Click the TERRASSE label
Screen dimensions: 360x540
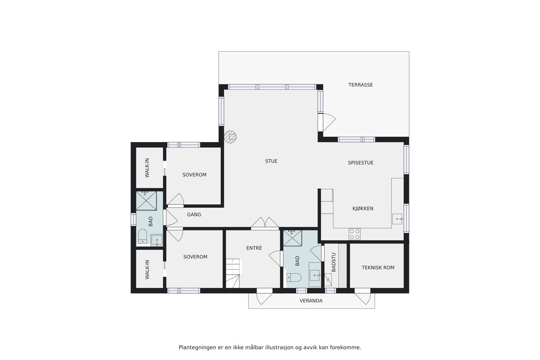tap(360, 85)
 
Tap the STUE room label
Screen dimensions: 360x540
tap(271, 161)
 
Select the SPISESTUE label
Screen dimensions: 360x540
tap(360, 163)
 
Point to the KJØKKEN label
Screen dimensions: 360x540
tap(363, 209)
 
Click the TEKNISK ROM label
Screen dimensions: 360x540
tap(378, 268)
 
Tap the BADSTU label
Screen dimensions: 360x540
tap(334, 262)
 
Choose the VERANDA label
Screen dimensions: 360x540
tap(311, 301)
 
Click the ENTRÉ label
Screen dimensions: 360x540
tap(254, 248)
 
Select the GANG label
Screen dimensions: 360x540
tap(194, 215)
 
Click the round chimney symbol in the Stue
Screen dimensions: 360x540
tap(231, 137)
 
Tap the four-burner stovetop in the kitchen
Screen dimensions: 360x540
tap(354, 234)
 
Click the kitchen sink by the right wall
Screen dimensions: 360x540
tap(397, 219)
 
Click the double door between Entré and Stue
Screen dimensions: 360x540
tap(265, 224)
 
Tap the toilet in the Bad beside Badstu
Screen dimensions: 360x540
tap(294, 277)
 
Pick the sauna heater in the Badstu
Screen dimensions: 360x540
tap(328, 279)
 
